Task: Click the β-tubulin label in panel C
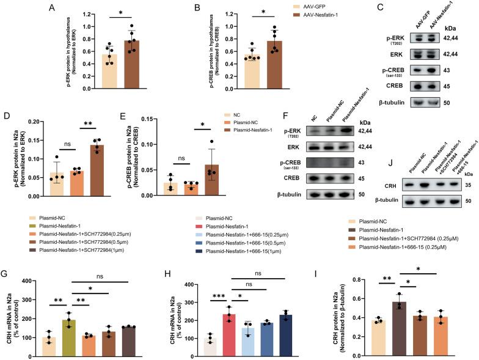(378, 102)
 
